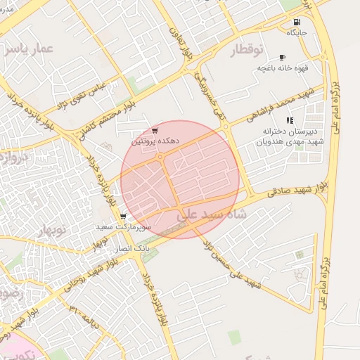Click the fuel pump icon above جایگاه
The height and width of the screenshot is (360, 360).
[x=297, y=22]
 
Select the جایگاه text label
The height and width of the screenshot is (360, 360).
[x=297, y=32]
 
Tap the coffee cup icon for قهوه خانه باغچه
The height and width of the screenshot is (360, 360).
[x=282, y=57]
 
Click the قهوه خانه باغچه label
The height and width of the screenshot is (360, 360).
[x=282, y=67]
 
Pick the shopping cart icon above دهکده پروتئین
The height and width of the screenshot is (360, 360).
[x=155, y=131]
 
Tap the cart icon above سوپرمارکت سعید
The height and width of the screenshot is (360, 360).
[x=123, y=217]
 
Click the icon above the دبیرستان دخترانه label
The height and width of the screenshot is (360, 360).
[x=290, y=120]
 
